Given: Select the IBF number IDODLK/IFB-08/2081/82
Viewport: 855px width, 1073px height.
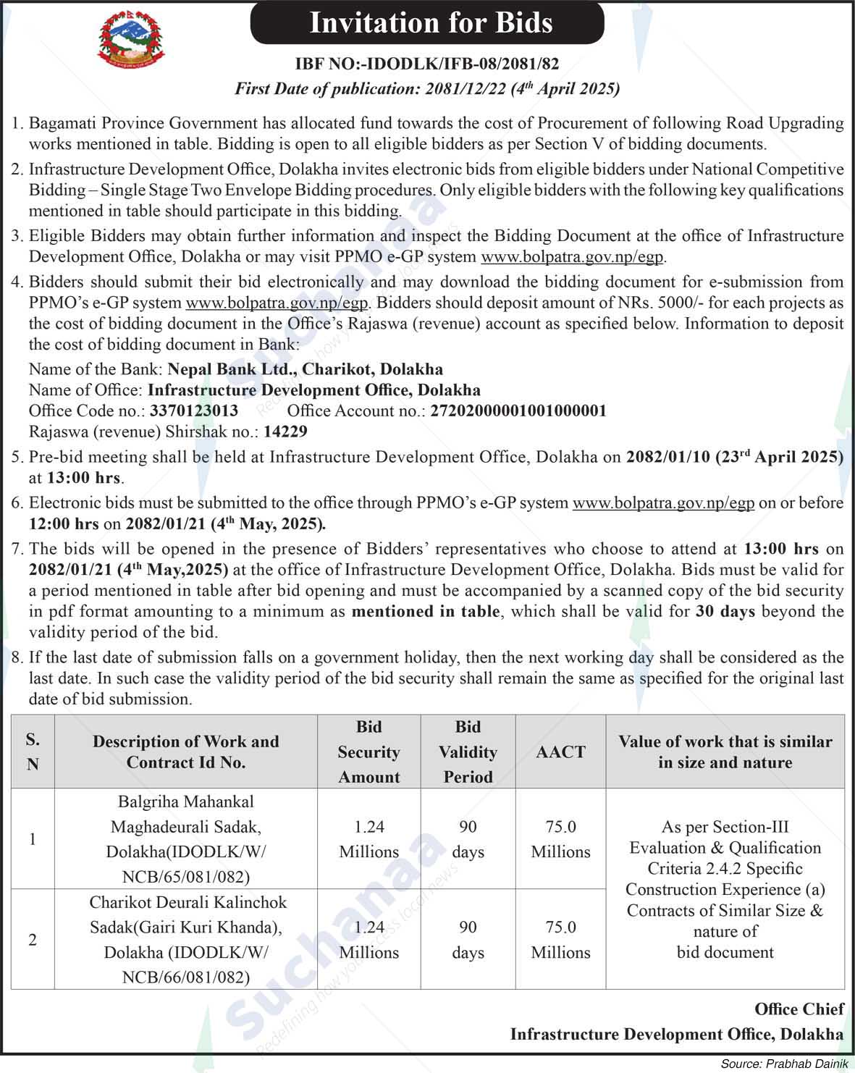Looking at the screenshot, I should click(427, 64).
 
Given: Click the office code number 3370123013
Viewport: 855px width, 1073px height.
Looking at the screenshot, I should click(194, 411).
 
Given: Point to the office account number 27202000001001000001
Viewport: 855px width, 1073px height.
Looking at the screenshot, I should click(518, 411).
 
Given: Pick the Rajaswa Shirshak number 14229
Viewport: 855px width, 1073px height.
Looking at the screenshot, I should click(285, 432).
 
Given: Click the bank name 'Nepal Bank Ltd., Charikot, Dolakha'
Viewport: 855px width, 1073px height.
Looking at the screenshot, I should click(305, 369).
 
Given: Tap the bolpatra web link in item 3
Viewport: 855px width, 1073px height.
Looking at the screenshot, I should click(572, 257).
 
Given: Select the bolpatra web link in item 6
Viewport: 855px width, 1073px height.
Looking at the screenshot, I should click(663, 503).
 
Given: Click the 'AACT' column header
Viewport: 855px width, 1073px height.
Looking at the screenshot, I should click(560, 752).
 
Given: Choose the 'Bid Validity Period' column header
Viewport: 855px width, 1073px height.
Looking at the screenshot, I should click(468, 752).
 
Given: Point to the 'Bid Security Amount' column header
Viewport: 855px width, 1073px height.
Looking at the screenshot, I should click(368, 752).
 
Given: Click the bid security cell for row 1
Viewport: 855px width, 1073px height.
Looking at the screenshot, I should click(368, 839).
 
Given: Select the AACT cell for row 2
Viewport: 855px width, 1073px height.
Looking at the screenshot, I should click(560, 940).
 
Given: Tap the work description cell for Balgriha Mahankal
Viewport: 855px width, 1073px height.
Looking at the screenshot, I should click(186, 839).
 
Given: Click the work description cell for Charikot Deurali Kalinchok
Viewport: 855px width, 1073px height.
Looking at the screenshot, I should click(186, 940).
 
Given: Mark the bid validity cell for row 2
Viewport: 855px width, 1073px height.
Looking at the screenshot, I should click(468, 940).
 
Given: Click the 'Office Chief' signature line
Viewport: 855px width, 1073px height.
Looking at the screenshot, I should click(799, 1009).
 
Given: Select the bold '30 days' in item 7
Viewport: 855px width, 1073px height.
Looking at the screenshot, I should click(725, 612).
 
